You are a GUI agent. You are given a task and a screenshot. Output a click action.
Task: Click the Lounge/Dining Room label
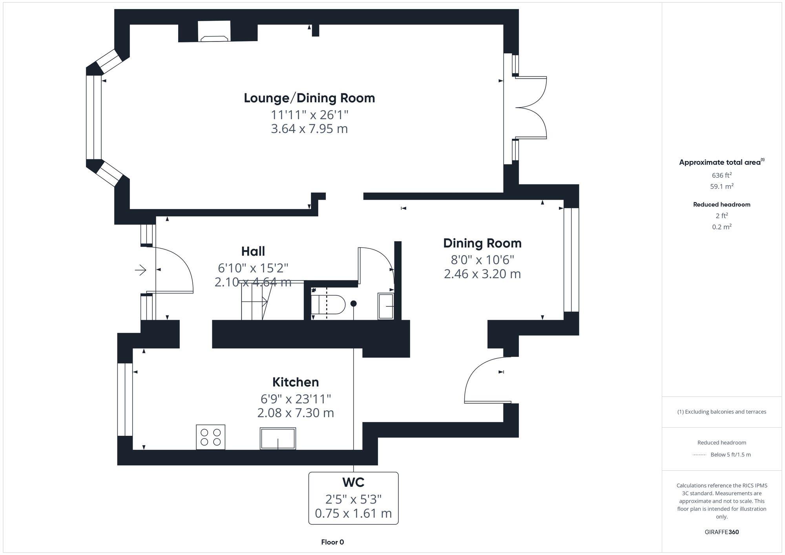(x=309, y=98)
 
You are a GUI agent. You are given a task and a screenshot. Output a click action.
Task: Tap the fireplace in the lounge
(x=214, y=33)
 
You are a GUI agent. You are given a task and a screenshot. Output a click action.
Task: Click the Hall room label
(x=253, y=251)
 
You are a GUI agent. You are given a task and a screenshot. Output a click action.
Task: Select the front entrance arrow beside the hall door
(x=141, y=270)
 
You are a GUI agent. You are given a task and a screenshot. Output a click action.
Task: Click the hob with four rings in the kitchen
(x=210, y=437)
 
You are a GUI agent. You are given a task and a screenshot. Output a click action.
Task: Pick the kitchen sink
(x=277, y=438)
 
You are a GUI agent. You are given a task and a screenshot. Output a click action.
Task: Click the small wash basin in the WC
(x=386, y=306)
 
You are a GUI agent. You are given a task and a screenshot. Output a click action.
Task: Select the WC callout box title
(x=353, y=482)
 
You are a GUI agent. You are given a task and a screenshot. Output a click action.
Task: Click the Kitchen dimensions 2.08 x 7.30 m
(x=296, y=413)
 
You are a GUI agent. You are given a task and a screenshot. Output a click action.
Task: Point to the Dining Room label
(x=482, y=243)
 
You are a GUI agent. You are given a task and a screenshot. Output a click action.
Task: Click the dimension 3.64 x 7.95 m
(x=309, y=129)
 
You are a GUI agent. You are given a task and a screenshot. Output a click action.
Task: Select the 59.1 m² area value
(x=721, y=186)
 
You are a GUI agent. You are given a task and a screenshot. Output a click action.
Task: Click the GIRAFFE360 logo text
(x=721, y=532)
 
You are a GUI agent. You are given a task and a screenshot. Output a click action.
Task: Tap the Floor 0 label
(x=332, y=542)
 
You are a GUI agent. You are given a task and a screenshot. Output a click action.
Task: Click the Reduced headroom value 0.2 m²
(x=721, y=227)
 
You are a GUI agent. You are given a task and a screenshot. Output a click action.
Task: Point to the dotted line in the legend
(x=699, y=455)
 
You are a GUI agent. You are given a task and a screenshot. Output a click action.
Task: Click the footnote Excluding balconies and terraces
(x=721, y=412)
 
